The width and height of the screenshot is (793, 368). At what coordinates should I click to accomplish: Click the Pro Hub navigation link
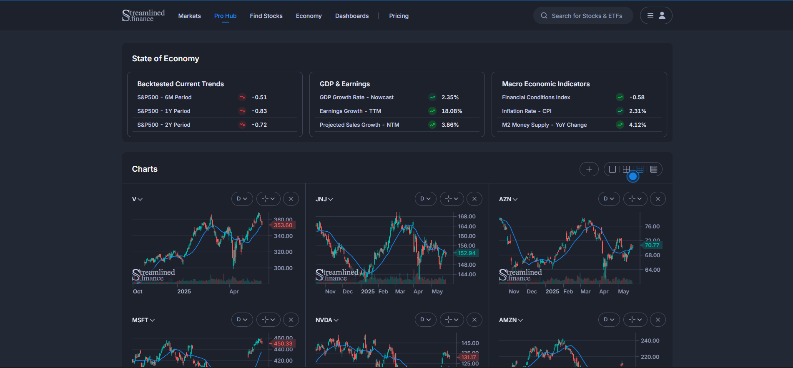coord(225,16)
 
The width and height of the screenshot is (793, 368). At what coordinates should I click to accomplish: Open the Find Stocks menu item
coord(266,16)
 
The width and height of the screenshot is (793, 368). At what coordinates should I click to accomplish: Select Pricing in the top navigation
coord(399,16)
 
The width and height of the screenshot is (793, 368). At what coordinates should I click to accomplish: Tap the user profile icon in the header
coord(662,16)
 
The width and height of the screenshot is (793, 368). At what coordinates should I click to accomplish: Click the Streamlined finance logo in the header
coord(143,16)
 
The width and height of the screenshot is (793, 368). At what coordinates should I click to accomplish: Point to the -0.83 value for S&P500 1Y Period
coord(259,111)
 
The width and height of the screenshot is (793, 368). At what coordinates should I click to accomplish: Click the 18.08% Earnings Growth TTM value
coord(452,111)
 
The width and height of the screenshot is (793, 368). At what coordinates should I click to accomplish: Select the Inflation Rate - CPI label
coord(527,111)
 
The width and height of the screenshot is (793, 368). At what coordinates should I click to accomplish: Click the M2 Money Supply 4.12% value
coord(637,125)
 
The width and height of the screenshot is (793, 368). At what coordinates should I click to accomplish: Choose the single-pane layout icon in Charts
coord(612,169)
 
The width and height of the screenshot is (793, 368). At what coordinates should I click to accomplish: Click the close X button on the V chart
coord(291,199)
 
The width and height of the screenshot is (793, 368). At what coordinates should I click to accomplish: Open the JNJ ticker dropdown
coord(324,199)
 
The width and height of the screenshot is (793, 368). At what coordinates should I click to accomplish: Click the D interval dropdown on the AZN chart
coord(609,199)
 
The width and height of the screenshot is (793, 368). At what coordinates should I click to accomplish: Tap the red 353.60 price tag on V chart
coord(283,225)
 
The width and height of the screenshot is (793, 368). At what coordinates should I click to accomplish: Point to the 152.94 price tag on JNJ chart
coord(467,253)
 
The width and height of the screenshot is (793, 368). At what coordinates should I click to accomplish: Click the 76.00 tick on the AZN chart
coord(652,227)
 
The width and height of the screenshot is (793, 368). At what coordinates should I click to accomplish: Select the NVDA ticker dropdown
coord(327,320)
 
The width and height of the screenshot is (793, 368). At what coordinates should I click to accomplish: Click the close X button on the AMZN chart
coord(658,320)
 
